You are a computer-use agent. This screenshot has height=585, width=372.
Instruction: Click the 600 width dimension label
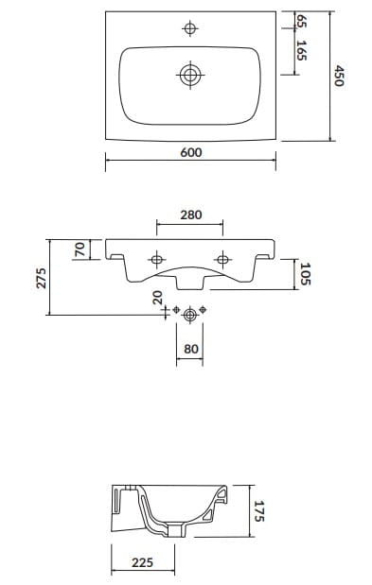191,152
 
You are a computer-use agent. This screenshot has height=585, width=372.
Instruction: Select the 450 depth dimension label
339,76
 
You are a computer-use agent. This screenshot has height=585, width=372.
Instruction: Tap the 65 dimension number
301,20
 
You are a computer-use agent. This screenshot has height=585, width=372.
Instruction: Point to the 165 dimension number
301,50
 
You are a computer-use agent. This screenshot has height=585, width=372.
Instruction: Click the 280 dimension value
191,215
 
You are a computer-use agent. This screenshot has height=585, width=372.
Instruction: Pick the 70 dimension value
80,249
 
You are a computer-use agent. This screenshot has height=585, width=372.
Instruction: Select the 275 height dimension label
41,278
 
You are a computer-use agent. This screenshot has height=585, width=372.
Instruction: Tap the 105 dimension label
306,274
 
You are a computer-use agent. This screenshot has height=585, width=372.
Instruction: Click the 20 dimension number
158,298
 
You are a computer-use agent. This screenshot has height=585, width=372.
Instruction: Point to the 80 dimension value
191,349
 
